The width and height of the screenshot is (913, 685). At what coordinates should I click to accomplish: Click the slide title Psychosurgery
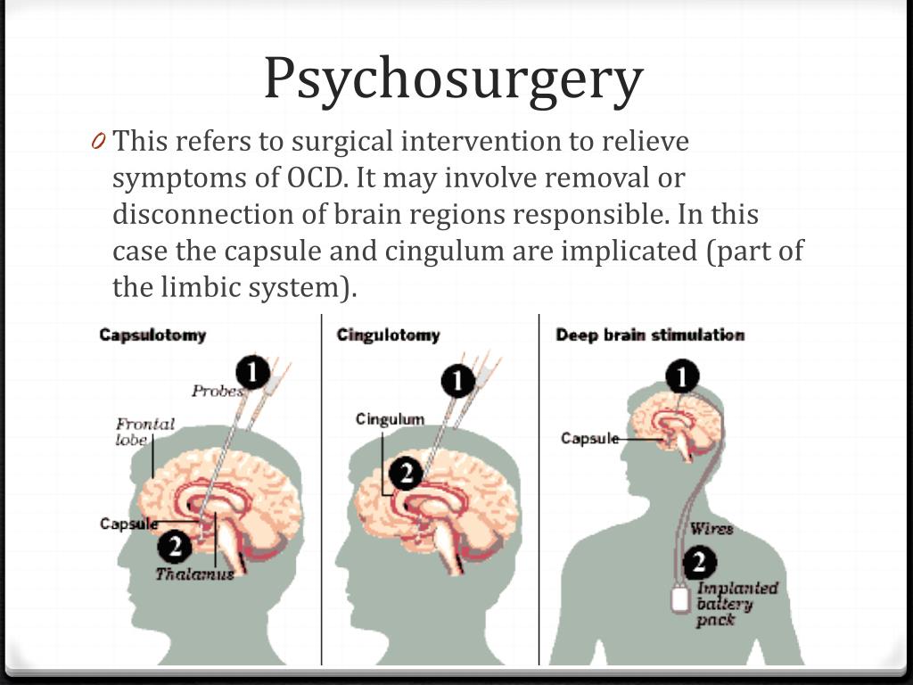(x=454, y=79)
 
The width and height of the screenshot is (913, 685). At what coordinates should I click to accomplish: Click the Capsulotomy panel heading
(x=152, y=335)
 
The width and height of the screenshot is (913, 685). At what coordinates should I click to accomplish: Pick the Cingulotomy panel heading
(x=389, y=335)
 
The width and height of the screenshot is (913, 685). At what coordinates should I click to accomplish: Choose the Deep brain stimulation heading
(x=650, y=335)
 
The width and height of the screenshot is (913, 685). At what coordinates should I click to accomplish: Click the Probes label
(x=218, y=391)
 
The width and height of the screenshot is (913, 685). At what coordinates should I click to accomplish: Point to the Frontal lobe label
(x=145, y=432)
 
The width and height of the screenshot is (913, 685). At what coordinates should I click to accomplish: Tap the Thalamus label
(x=194, y=574)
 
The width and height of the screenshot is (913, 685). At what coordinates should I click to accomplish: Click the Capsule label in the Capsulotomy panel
(x=128, y=524)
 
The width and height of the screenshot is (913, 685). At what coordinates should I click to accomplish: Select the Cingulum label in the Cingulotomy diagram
(x=391, y=419)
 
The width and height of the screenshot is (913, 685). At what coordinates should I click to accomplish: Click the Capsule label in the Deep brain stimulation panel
(x=590, y=438)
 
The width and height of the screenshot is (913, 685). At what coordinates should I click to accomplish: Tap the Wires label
(x=711, y=529)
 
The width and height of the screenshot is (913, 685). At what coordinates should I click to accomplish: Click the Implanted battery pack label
(x=737, y=604)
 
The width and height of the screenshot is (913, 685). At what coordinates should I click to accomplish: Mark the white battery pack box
(x=680, y=599)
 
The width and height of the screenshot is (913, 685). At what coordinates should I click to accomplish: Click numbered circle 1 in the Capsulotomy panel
(x=252, y=373)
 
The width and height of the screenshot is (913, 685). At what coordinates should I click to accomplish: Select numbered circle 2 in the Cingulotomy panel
(x=406, y=473)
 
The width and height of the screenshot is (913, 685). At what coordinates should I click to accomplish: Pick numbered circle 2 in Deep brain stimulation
(x=699, y=562)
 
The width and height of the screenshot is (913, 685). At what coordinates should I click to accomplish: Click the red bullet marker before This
(x=98, y=141)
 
